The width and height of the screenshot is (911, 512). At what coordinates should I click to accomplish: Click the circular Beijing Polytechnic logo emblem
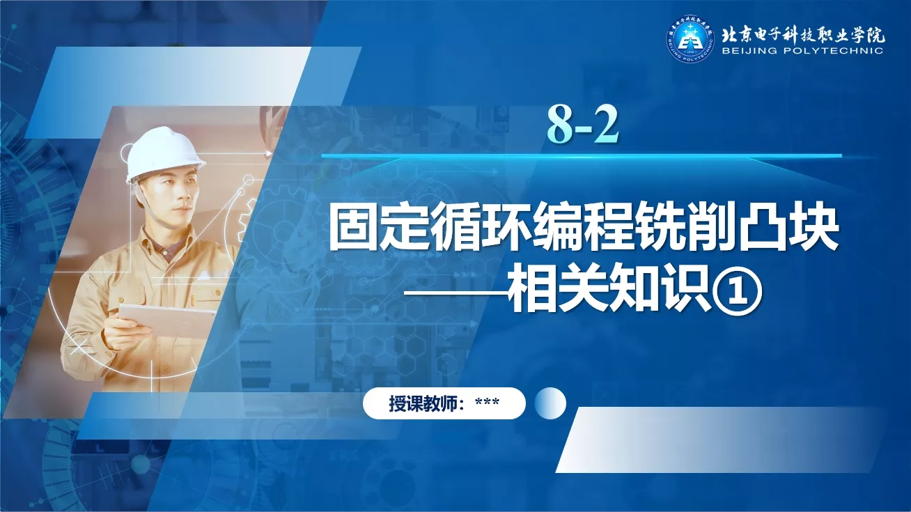click(x=690, y=39)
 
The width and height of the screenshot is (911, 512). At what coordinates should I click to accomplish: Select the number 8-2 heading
click(x=582, y=125)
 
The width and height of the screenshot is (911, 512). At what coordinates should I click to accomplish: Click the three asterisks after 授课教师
click(x=488, y=402)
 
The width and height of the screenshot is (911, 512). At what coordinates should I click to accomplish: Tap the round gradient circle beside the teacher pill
click(x=550, y=403)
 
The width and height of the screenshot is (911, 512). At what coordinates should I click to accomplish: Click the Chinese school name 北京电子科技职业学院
click(x=803, y=36)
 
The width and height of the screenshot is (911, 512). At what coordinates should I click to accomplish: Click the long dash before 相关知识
click(x=455, y=292)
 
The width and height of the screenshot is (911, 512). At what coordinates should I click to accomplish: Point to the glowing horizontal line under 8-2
click(x=582, y=155)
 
